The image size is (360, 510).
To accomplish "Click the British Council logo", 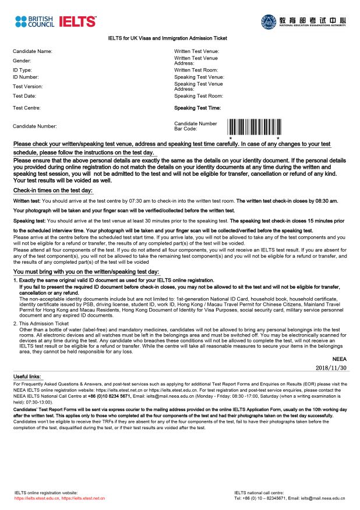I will point(35,22).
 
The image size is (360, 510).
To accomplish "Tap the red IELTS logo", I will point(76,22).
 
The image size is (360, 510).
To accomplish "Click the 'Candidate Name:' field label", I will point(33,51).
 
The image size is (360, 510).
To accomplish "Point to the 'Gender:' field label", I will point(22,61).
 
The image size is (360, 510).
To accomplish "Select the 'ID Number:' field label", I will point(26,77).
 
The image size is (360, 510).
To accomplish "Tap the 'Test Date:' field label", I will point(24,95).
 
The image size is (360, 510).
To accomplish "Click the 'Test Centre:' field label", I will point(27,108).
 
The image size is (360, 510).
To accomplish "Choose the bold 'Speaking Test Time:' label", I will point(197,108).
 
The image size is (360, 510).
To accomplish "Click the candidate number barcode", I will point(255,127).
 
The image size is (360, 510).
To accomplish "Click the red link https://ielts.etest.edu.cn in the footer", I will point(36,499).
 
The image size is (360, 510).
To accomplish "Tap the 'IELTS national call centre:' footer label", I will point(259,493).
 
